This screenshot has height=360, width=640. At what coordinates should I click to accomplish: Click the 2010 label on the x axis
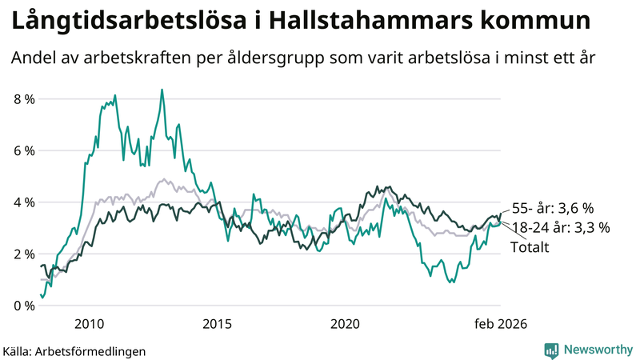click(89, 324)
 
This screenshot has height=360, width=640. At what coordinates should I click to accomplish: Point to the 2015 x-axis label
click(217, 324)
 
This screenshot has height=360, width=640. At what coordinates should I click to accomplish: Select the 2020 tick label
click(345, 324)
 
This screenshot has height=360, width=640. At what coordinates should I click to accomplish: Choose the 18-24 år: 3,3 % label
click(561, 228)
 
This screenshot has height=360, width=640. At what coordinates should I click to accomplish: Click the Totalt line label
click(530, 247)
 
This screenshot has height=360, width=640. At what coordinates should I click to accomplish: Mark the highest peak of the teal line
click(162, 90)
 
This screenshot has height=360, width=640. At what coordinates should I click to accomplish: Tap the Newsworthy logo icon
click(551, 350)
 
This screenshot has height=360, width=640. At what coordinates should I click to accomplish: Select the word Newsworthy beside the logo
click(598, 350)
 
